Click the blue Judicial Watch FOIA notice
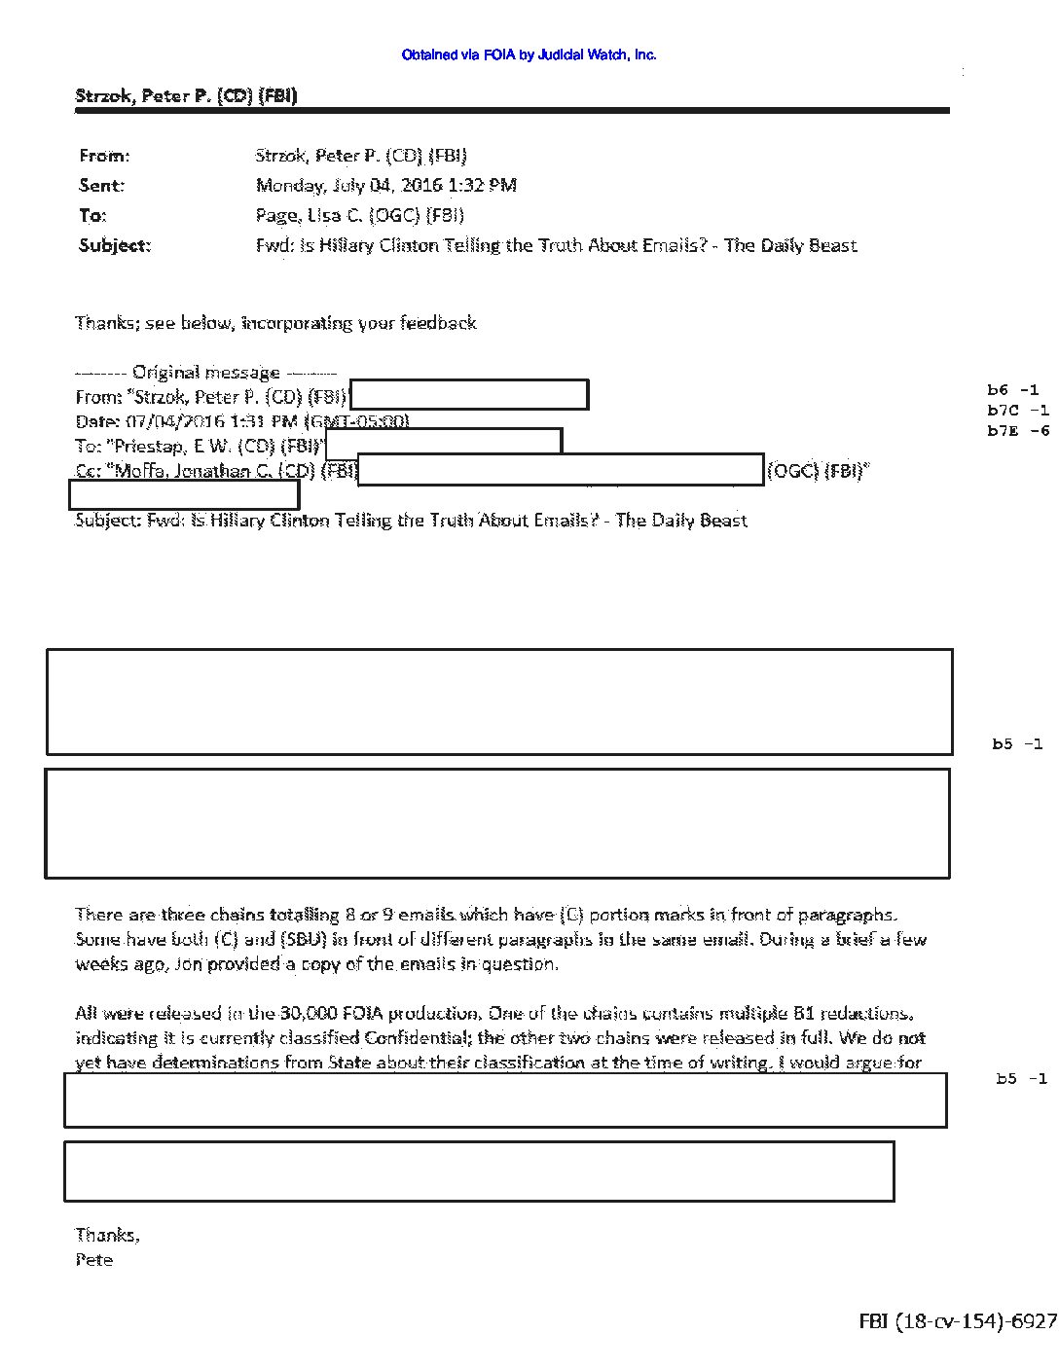529,55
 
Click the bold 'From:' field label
103,156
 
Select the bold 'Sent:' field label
101,185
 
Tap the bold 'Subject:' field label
115,245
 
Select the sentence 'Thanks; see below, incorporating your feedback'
275,323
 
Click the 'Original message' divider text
205,372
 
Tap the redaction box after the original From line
468,395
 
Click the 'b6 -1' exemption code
1012,390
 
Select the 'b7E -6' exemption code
1018,431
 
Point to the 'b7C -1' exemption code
1017,411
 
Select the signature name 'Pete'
94,1260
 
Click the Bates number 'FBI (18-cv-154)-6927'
957,1321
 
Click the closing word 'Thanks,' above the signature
107,1235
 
